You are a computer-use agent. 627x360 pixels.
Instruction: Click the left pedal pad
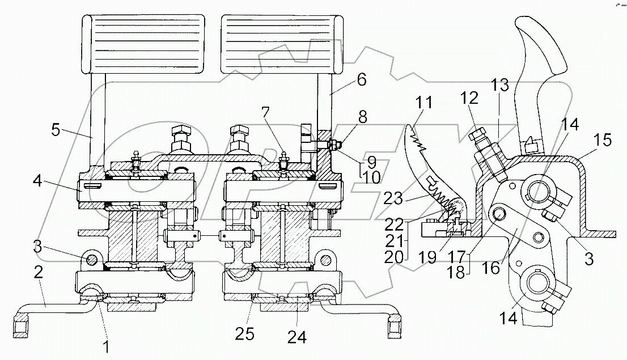tap(143, 44)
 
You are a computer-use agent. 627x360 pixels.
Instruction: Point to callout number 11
tap(423, 104)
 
